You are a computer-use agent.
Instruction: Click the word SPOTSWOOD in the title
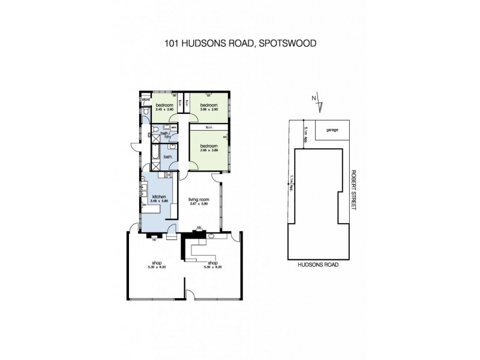point(290,43)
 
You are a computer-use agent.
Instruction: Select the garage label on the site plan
point(332,130)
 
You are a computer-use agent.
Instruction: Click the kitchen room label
point(158,197)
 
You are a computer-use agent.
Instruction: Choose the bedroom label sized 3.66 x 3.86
point(209,146)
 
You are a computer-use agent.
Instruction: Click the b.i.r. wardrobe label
point(209,127)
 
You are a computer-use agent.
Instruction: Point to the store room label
point(145,100)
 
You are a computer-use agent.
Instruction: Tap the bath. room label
point(168,157)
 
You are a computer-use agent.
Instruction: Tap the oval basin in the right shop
point(211,236)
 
